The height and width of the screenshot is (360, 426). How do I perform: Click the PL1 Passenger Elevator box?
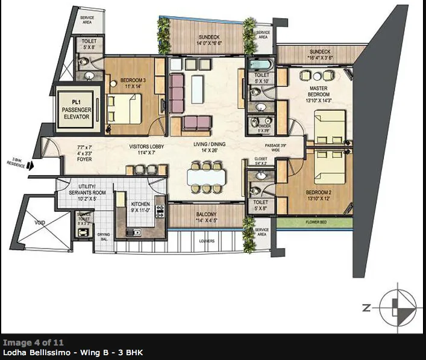(x=77, y=110)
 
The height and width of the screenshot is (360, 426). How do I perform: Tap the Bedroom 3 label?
(x=131, y=82)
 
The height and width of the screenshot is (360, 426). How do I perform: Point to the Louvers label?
(x=206, y=241)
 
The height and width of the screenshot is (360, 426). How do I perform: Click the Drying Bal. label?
(x=104, y=235)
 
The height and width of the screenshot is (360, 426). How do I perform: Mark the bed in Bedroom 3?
(x=128, y=108)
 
